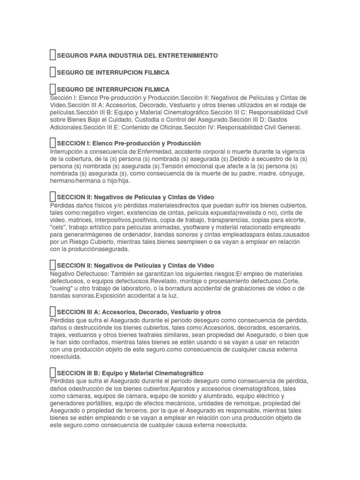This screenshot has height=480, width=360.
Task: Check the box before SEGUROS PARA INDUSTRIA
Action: (x=52, y=55)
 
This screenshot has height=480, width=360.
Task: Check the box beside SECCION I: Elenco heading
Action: (x=52, y=142)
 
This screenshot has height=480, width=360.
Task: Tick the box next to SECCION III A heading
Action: (x=52, y=311)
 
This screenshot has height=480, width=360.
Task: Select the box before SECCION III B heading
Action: (x=52, y=373)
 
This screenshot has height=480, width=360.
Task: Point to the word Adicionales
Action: (x=67, y=127)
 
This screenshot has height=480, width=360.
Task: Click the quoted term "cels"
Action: (x=58, y=227)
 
